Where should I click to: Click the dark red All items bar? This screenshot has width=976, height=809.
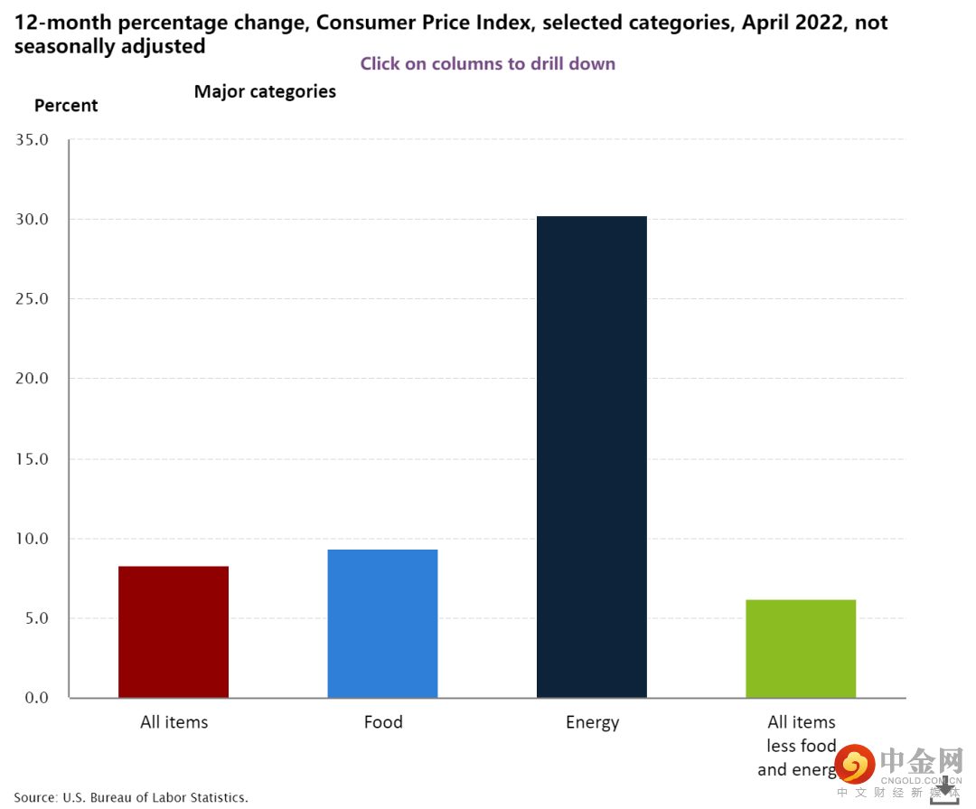(174, 632)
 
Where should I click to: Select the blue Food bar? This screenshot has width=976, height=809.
(382, 624)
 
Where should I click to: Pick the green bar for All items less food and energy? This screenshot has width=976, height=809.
(801, 648)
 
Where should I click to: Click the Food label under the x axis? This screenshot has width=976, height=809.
(383, 722)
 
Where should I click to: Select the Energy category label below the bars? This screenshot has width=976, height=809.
(593, 722)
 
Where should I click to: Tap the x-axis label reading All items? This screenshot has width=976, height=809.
(174, 722)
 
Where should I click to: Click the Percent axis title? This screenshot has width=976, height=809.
(66, 106)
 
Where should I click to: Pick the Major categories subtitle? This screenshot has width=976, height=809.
(265, 91)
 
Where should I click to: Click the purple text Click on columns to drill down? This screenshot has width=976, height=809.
(488, 63)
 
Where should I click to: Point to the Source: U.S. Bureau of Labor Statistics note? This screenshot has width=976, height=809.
(131, 797)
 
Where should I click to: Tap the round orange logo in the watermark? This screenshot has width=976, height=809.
(854, 765)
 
